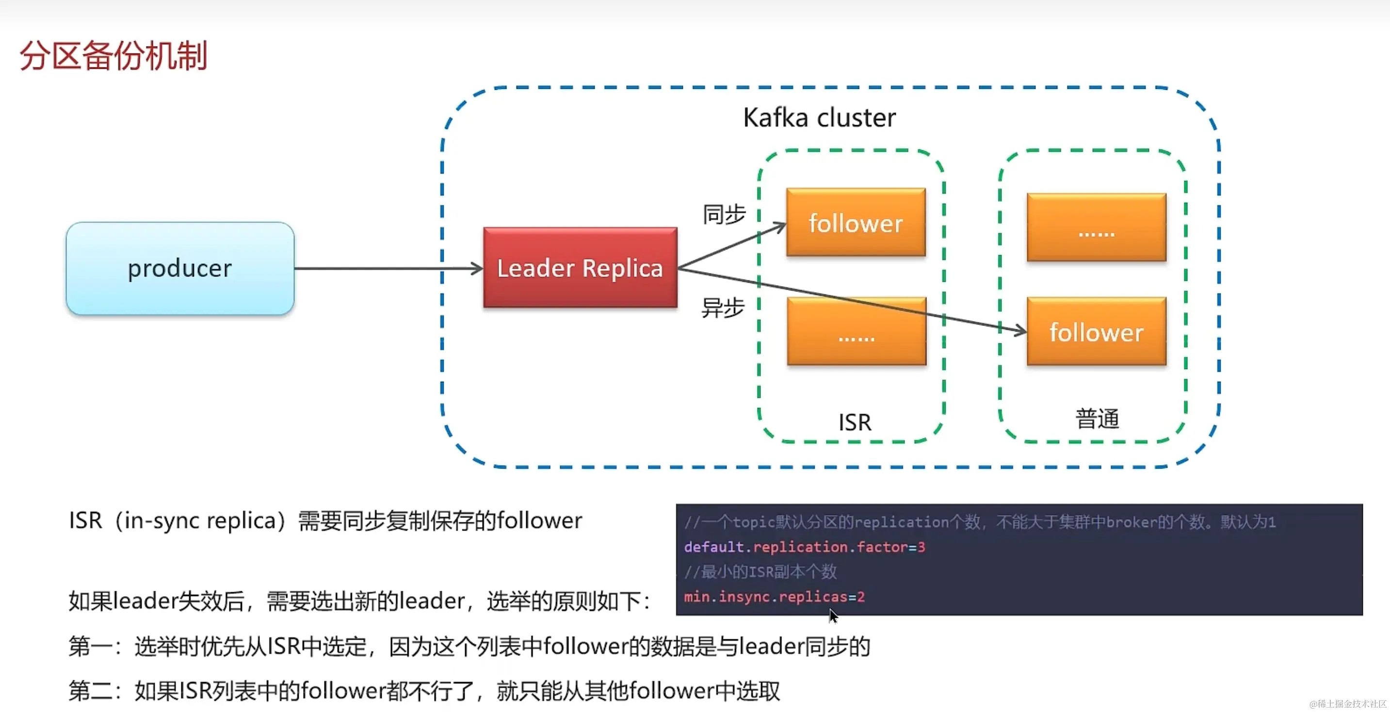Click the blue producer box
179,268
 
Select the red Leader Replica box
580,268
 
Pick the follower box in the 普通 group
1097,331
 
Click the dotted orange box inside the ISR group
857,331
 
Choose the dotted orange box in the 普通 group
1097,227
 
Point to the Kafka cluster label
819,118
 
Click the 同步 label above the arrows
724,214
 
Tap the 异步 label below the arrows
723,308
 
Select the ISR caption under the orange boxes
855,422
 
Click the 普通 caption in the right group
1097,419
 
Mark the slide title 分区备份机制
113,56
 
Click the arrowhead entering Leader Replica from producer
477,268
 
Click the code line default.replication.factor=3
804,547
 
